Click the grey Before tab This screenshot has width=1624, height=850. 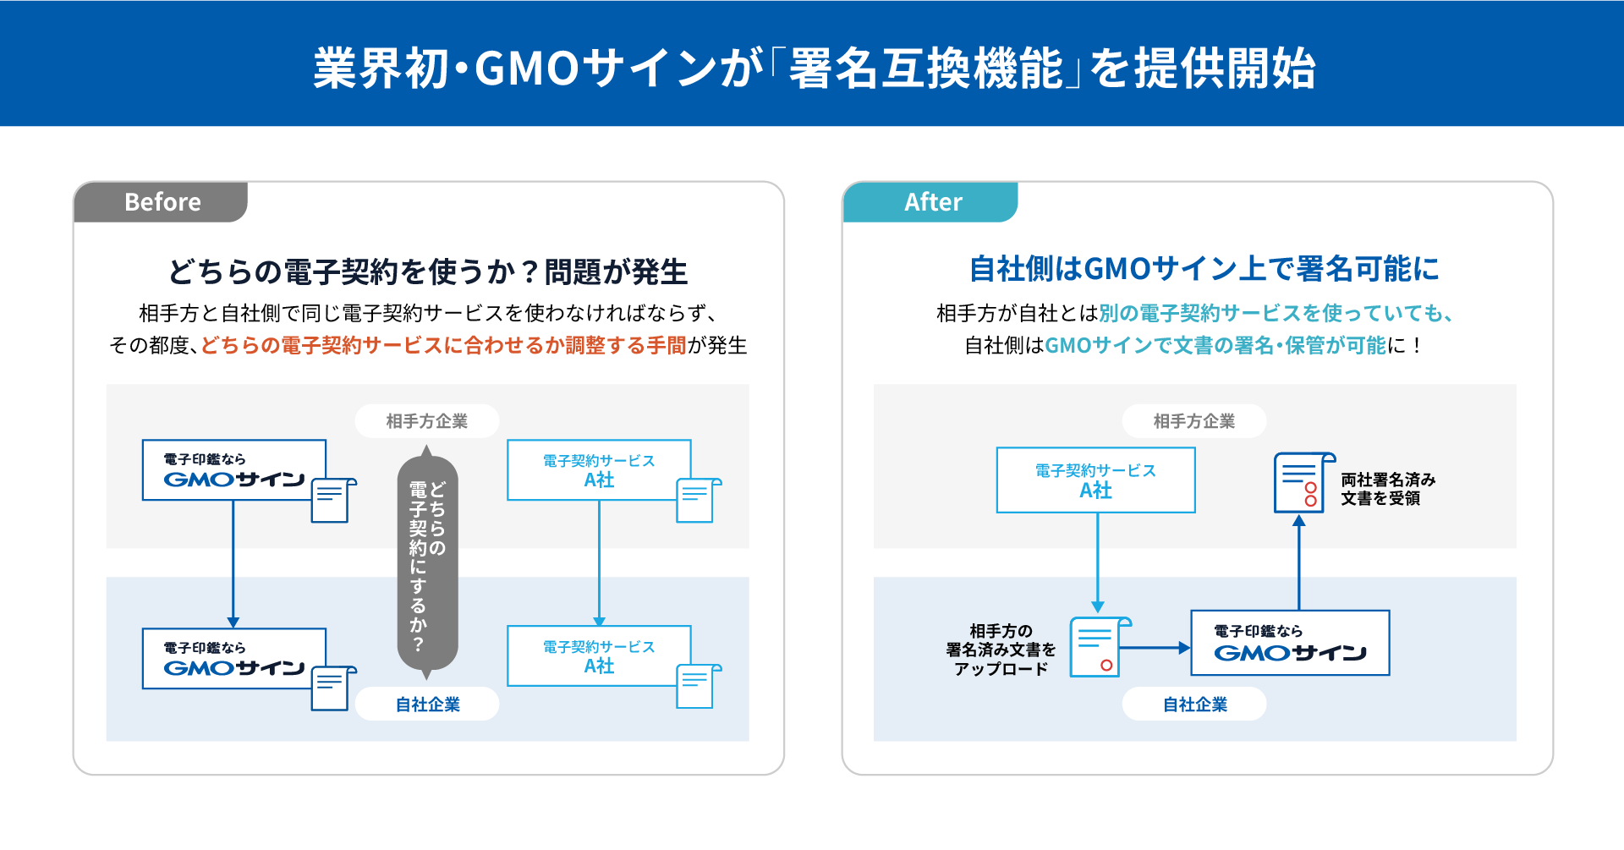tap(161, 202)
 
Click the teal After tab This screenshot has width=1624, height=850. tap(931, 202)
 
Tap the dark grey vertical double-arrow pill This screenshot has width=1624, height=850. tap(427, 562)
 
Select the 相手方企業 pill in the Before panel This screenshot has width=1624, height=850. tap(426, 420)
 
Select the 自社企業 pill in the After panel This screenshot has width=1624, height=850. tap(1193, 704)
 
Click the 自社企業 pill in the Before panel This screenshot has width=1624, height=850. tap(426, 704)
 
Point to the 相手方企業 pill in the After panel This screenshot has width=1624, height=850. tap(1193, 420)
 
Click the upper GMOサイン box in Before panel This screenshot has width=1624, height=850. tap(233, 470)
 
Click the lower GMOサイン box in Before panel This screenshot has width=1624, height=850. tap(233, 659)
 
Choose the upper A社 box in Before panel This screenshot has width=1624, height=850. tap(598, 470)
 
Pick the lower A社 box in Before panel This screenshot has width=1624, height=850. tap(598, 656)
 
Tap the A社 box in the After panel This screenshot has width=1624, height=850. tap(1095, 480)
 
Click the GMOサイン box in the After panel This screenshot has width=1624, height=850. tap(1289, 643)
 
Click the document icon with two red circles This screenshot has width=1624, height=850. tap(1302, 483)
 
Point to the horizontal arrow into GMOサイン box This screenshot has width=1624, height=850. tap(1155, 648)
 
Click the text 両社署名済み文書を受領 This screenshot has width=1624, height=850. tap(1387, 489)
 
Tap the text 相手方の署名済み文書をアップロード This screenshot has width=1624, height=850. tap(1001, 650)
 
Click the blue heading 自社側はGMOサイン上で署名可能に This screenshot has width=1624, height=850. tap(1203, 269)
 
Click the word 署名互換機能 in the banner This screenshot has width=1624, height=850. tap(925, 68)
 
